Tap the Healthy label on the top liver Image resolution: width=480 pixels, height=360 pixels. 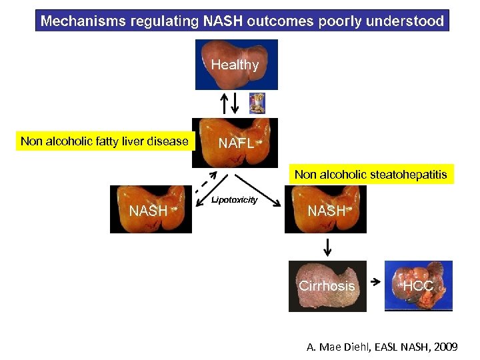tap(235, 65)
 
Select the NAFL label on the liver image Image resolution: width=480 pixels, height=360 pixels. tap(236, 144)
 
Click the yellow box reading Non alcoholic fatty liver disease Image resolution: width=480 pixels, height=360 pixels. tap(104, 141)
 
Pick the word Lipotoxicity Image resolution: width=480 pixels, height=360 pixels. tap(235, 200)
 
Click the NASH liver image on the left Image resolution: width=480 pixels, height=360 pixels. tap(150, 209)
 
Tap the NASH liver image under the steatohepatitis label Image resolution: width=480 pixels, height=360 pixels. tap(325, 209)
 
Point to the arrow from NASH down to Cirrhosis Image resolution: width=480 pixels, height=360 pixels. tap(327, 247)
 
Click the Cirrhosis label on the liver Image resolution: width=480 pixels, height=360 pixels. tap(327, 286)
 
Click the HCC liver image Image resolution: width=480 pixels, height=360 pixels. tap(419, 286)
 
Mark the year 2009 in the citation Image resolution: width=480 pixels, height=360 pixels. tap(444, 347)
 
